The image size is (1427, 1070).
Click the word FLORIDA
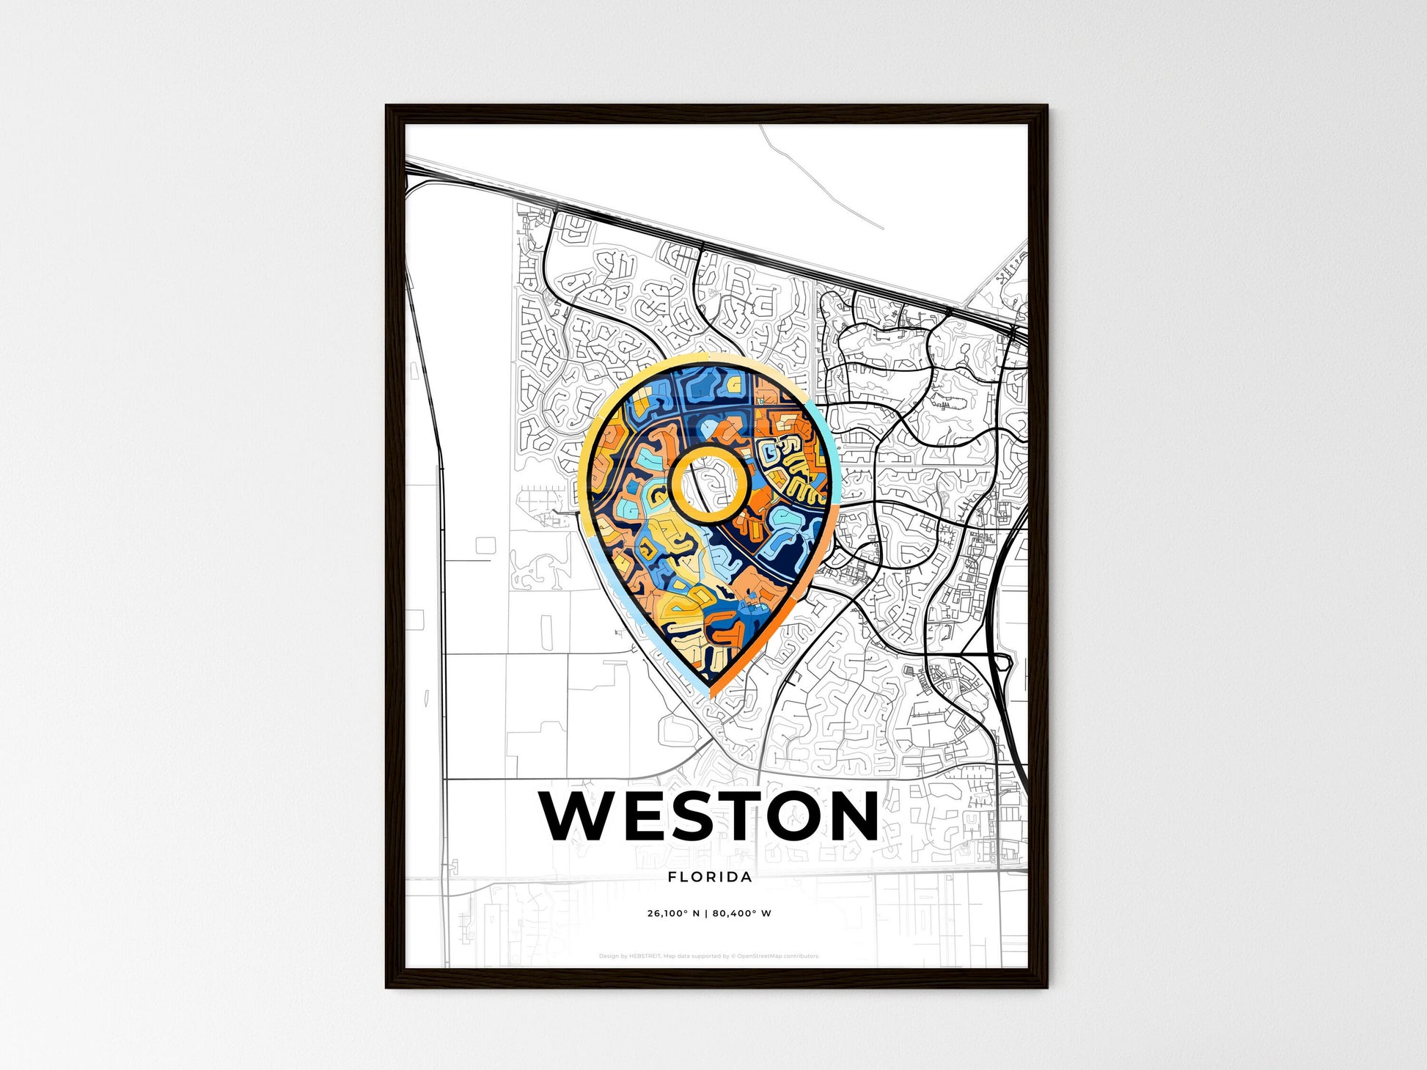(710, 877)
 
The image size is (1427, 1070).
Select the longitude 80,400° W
(741, 914)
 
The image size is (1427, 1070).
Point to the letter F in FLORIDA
(672, 877)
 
